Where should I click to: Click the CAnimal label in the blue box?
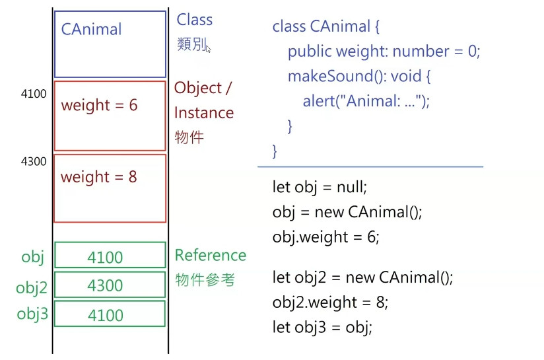pos(91,30)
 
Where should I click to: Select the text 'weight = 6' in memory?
pos(99,106)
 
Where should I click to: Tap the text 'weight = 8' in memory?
pos(98,177)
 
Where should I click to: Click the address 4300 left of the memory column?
pos(34,161)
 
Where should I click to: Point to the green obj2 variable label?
pos(32,287)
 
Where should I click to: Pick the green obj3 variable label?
pos(32,314)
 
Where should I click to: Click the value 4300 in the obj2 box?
pos(105,285)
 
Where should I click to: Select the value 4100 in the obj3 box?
pos(105,315)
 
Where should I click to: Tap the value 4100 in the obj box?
pos(105,258)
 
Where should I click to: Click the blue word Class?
pos(194,20)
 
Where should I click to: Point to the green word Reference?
pos(210,256)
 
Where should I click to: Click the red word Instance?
pos(203,113)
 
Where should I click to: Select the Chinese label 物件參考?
pos(205,280)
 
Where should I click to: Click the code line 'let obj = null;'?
pos(319,187)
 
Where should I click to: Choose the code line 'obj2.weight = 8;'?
pos(330,303)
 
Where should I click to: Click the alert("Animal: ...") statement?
pos(366,102)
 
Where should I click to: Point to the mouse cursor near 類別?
pos(208,48)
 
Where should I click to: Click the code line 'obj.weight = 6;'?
pos(325,237)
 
